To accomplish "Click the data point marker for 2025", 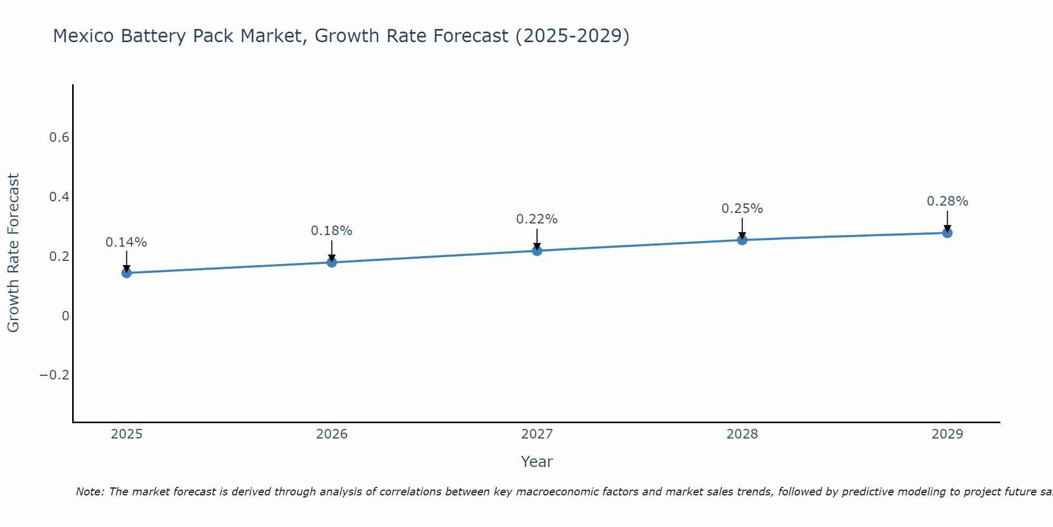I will [x=126, y=272].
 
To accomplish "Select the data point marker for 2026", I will [x=332, y=262].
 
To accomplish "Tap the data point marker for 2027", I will [x=537, y=250].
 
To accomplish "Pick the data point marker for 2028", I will [x=742, y=240].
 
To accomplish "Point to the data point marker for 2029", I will [x=947, y=232].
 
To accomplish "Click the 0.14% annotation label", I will [x=126, y=242].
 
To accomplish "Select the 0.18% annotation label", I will [x=332, y=231].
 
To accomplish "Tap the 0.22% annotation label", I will [x=537, y=219].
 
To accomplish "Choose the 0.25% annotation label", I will [x=742, y=209].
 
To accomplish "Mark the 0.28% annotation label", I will [x=947, y=201].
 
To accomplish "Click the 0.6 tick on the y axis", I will [x=59, y=138].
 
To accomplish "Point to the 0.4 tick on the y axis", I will [x=59, y=197].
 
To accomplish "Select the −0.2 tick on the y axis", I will [x=55, y=375].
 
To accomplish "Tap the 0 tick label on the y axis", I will [x=65, y=316].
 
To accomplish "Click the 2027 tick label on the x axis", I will [x=537, y=434].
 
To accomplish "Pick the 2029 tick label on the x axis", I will [x=947, y=434].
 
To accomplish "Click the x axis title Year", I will [x=537, y=462].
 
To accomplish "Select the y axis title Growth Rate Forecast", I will [x=13, y=253].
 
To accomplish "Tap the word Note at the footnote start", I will [x=90, y=492].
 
